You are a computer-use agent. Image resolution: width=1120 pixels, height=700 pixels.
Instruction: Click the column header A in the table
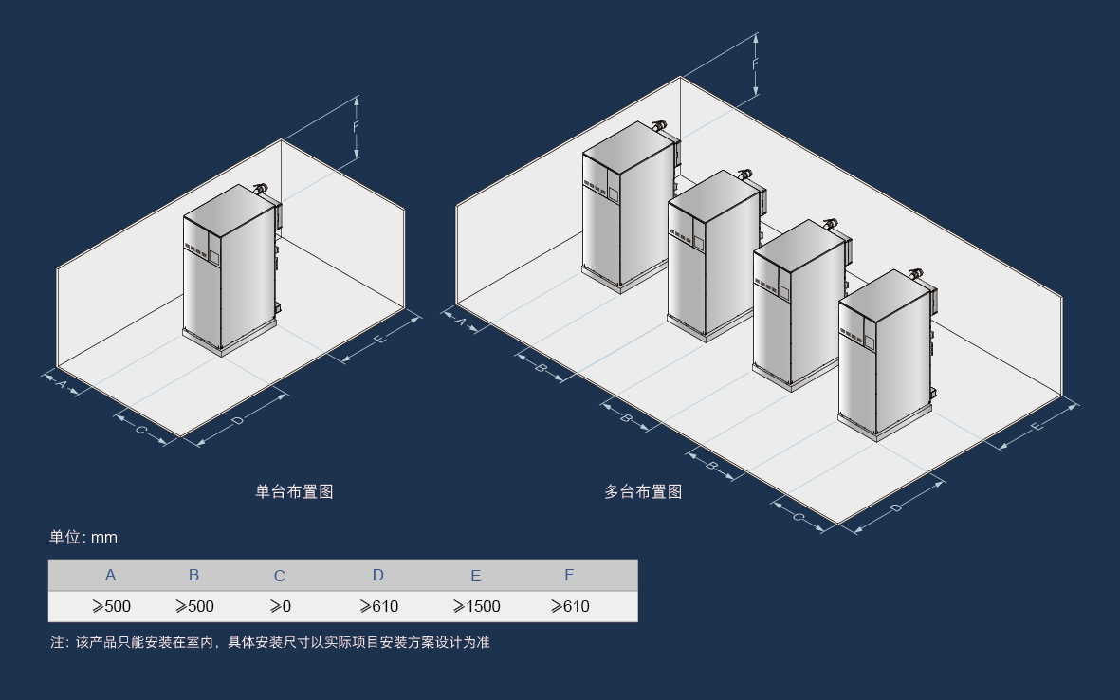pos(110,575)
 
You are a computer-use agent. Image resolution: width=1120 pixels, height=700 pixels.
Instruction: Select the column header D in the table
pos(377,575)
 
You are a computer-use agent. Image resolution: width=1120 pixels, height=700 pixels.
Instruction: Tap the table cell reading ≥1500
pos(476,606)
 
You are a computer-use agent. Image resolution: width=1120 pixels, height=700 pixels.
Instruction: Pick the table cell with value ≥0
pos(280,606)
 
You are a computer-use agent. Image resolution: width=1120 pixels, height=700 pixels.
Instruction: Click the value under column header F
pos(570,606)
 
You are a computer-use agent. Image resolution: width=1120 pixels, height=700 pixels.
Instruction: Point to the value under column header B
pos(194,606)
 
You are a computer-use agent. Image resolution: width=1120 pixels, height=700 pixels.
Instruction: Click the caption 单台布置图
pos(294,491)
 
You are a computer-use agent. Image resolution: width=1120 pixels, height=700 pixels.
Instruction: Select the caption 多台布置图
pos(643,491)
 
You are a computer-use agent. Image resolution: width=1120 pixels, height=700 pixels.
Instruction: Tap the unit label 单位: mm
pos(83,537)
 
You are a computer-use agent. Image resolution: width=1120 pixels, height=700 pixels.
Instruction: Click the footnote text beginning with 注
pos(270,642)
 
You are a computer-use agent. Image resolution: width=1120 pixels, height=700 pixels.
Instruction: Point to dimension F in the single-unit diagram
pos(356,127)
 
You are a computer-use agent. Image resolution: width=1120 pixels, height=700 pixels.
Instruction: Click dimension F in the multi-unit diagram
pos(755,64)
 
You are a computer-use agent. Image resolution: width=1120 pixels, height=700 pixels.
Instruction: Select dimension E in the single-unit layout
pos(380,339)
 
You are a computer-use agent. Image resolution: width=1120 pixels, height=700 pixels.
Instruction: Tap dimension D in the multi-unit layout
pos(897,507)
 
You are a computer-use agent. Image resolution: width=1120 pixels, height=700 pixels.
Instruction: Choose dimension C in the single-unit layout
pos(141,430)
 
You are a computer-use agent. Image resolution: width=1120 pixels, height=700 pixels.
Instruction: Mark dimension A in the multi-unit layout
pos(462,322)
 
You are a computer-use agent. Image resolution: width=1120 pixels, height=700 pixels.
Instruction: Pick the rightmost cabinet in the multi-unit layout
pos(887,356)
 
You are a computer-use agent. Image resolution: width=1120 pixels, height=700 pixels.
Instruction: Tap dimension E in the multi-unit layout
pos(1037,427)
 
